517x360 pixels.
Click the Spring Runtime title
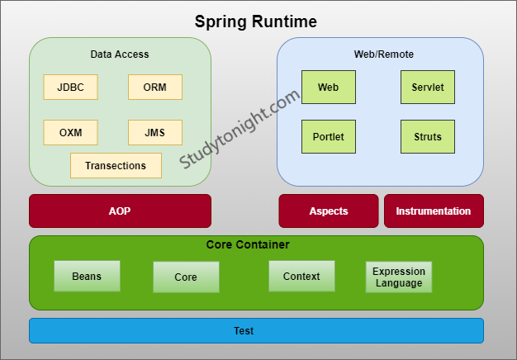point(255,21)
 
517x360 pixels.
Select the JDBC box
point(70,88)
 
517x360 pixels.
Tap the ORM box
point(155,88)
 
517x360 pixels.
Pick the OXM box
point(70,132)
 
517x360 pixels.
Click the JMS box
point(155,132)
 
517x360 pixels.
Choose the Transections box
point(116,165)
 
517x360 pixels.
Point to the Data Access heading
point(120,54)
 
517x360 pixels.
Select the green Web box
point(329,87)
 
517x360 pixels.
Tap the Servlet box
point(428,87)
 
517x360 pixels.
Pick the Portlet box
point(329,136)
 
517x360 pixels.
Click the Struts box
point(428,136)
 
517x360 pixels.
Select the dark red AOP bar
point(120,211)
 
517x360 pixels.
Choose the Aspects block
point(329,211)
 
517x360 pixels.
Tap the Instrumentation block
point(434,211)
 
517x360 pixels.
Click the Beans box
point(87,276)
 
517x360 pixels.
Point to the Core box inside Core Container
point(186,277)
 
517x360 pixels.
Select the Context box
point(301,276)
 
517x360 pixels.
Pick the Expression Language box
point(399,277)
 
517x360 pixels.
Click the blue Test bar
point(256,330)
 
